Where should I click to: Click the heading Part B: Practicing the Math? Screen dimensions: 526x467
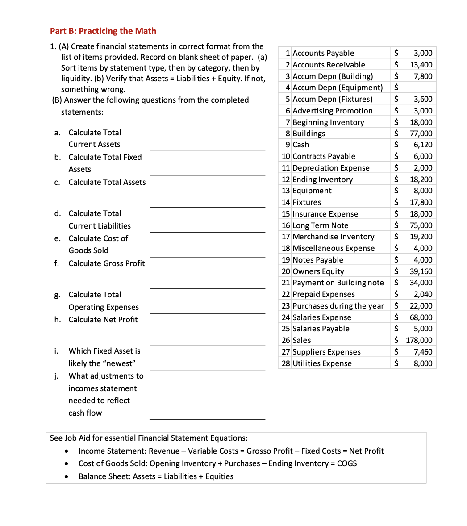click(x=103, y=31)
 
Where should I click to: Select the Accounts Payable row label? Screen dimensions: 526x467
click(x=323, y=53)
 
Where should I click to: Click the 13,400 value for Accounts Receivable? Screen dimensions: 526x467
click(x=421, y=65)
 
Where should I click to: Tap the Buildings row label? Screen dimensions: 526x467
click(x=309, y=134)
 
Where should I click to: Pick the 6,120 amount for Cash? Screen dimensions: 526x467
click(x=423, y=145)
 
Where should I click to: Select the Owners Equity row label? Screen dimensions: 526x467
click(x=318, y=271)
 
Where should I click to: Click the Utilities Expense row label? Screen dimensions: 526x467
click(x=322, y=363)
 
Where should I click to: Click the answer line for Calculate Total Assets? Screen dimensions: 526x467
click(x=207, y=206)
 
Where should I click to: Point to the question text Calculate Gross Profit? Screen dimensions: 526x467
click(x=106, y=263)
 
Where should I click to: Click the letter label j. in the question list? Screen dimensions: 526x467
click(x=57, y=376)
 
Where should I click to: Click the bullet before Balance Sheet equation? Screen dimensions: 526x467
click(x=66, y=477)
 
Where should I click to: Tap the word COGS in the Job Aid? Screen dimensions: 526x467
click(x=346, y=463)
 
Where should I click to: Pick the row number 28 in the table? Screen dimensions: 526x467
click(x=286, y=363)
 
